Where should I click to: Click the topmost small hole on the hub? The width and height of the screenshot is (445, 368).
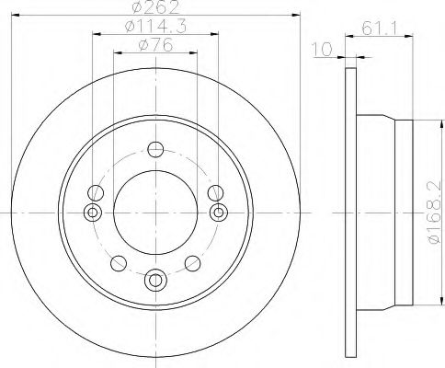pos(155,151)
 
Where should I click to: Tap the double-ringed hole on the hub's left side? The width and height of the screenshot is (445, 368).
pos(92,213)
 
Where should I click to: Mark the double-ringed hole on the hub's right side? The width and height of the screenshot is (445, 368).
pos(218,213)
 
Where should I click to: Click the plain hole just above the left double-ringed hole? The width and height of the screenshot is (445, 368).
pos(95,192)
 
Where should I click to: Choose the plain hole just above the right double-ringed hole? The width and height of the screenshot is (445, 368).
pos(215,192)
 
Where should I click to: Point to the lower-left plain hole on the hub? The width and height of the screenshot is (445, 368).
pos(118,264)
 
